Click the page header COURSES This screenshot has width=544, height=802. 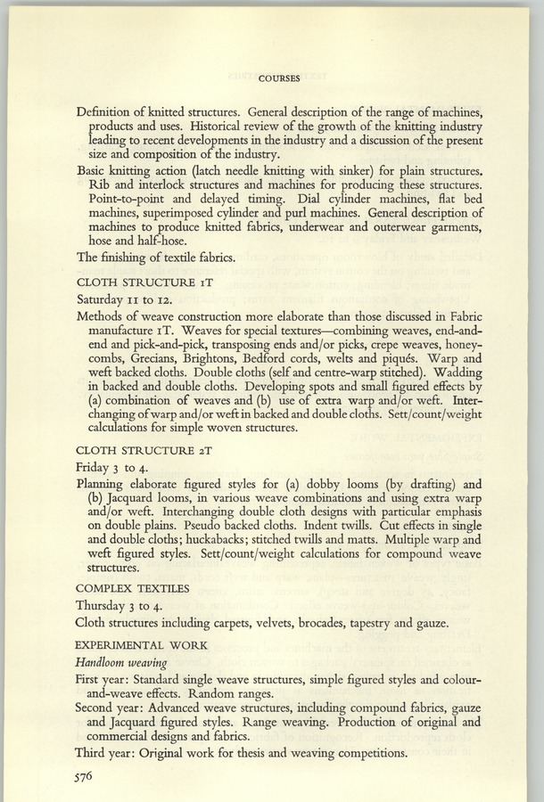[277, 78]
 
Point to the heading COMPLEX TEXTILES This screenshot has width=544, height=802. [133, 588]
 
